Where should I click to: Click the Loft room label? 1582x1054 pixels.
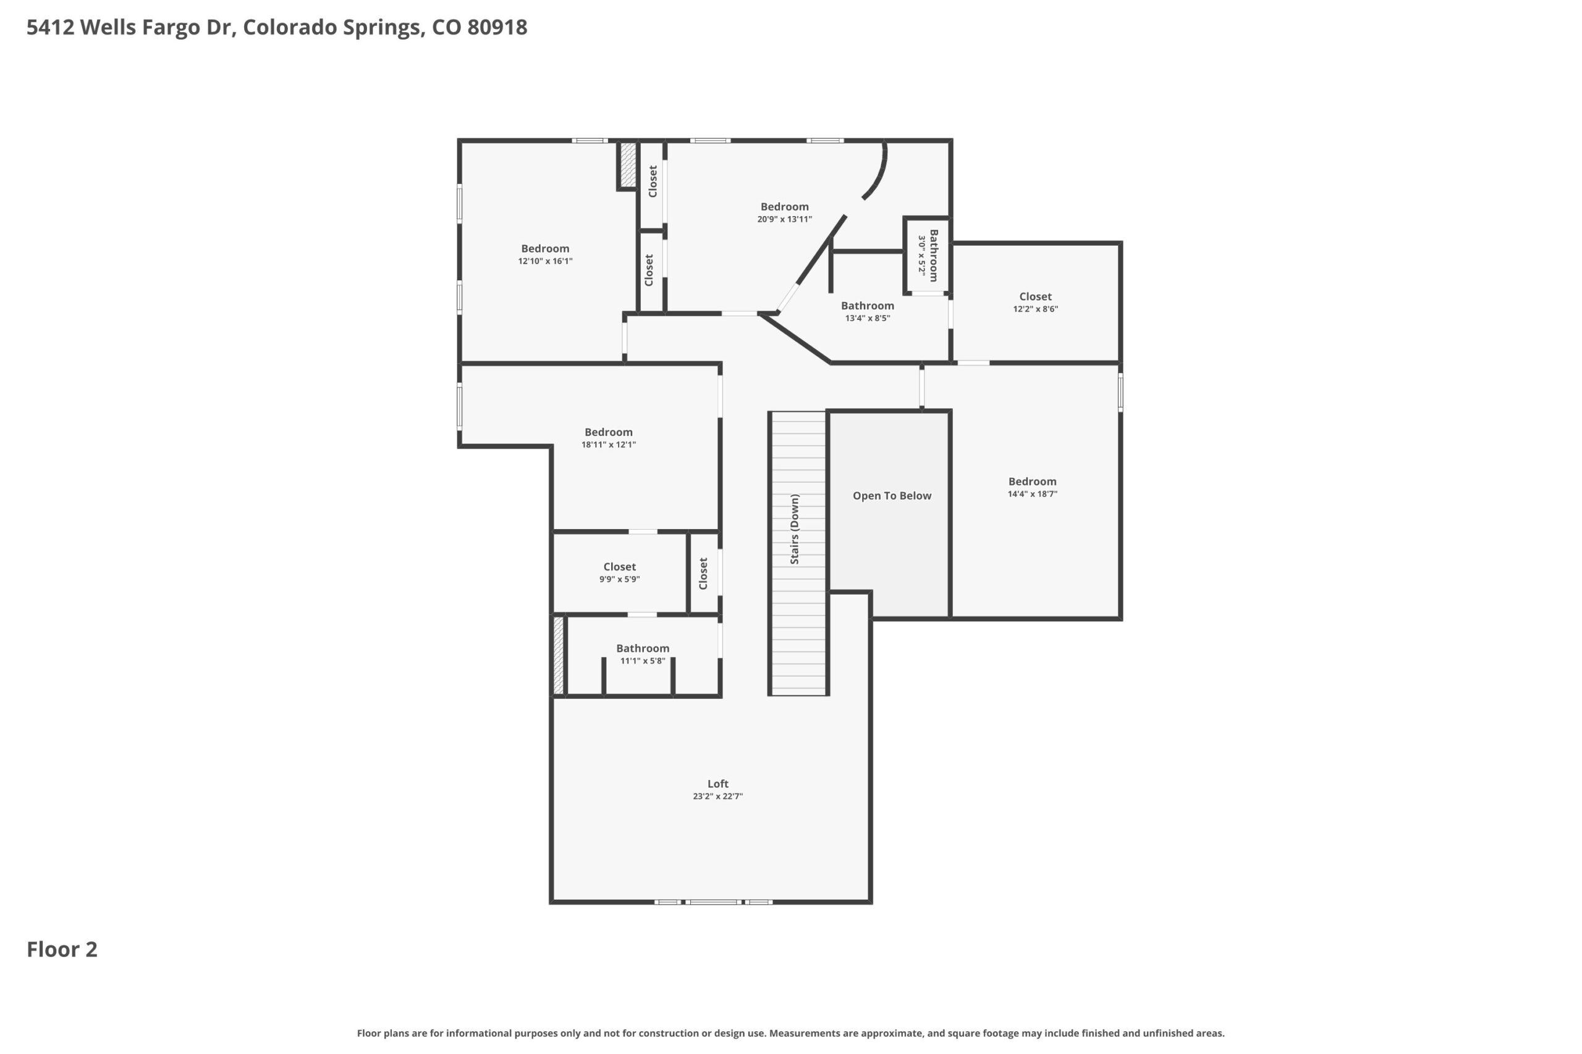717,784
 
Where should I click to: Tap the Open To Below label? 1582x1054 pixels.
892,496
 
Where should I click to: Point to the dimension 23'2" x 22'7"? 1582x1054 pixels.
717,797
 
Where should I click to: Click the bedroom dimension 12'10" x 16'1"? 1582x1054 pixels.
545,261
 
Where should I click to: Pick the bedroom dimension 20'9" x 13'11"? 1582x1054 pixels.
784,219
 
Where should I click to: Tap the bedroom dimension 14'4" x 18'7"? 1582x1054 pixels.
1033,494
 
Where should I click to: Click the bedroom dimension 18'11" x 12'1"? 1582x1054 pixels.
609,445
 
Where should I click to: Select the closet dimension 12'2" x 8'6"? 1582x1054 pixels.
1035,309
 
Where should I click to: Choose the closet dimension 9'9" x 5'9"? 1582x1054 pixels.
619,579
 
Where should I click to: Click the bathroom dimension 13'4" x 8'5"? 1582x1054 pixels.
868,319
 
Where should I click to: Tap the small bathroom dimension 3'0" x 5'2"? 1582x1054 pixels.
922,256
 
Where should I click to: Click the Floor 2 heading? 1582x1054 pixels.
62,949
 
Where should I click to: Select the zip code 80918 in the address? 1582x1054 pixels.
497,28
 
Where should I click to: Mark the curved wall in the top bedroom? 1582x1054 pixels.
878,172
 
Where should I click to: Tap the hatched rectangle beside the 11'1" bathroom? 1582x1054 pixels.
558,655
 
